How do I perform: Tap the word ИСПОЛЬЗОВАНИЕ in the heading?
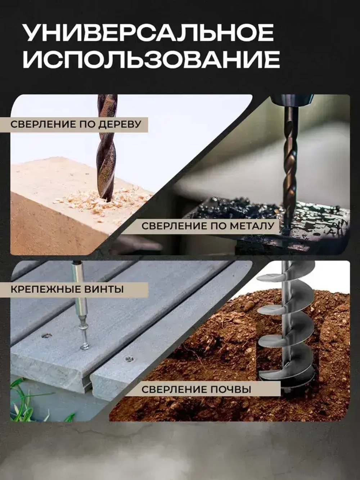coord(151,60)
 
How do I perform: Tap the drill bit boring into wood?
coord(107,151)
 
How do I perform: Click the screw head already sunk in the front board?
coord(128,359)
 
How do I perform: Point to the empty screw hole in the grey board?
coord(46,336)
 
